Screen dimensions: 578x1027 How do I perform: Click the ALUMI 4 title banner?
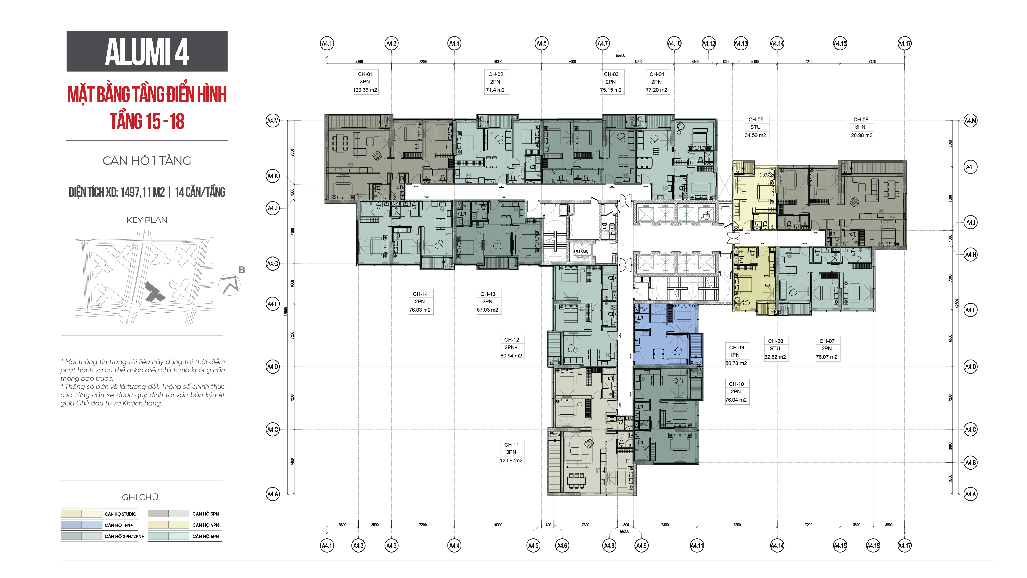(x=147, y=52)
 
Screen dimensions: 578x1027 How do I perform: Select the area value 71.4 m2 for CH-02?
(x=495, y=90)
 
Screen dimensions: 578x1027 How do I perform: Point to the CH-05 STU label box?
(x=755, y=127)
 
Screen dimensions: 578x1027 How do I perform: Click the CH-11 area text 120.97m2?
(x=511, y=460)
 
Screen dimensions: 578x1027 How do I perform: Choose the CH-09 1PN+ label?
(x=736, y=355)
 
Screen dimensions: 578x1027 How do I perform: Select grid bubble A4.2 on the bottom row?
(x=358, y=545)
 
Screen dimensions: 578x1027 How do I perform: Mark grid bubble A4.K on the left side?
(x=273, y=176)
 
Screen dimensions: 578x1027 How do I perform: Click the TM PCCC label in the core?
(x=581, y=251)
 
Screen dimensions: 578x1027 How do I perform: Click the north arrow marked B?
(x=230, y=284)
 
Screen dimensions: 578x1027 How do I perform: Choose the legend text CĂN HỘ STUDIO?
(x=120, y=514)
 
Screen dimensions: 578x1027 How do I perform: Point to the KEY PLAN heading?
(x=147, y=220)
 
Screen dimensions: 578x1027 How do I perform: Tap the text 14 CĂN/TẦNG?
(x=200, y=192)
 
